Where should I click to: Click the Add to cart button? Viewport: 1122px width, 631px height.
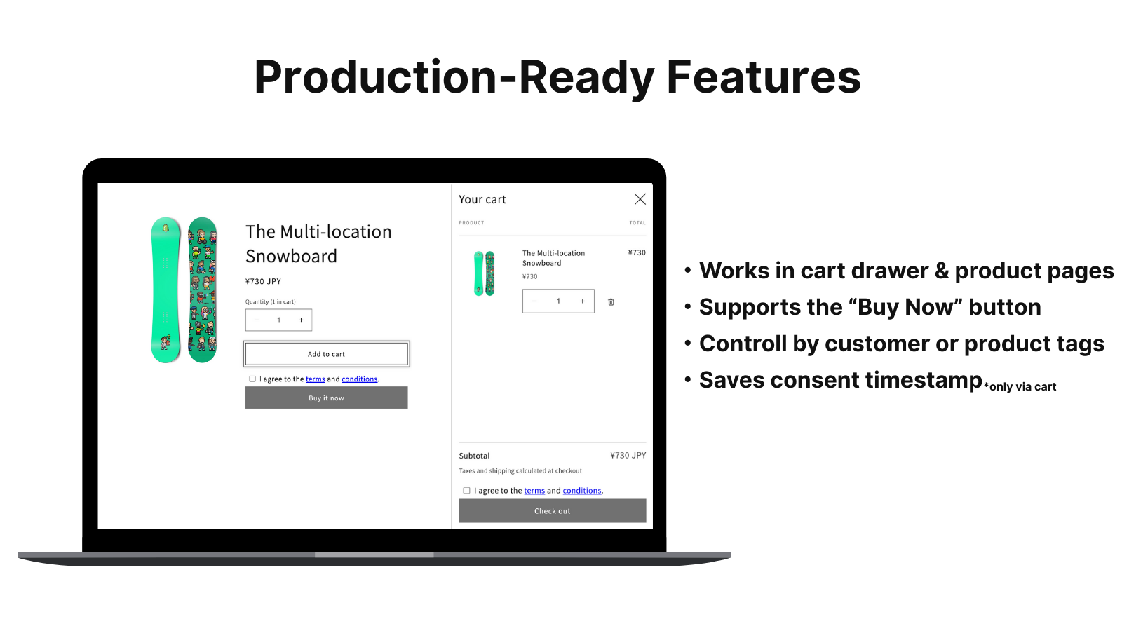tap(327, 354)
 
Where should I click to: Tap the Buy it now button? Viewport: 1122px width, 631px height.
tap(327, 398)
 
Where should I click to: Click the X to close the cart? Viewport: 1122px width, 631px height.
tap(640, 199)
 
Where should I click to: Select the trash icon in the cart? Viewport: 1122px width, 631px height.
tap(611, 301)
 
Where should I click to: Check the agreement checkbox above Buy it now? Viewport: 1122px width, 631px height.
tap(252, 379)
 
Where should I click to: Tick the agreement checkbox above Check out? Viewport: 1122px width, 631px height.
tap(467, 491)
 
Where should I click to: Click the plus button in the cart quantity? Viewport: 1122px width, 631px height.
tap(582, 301)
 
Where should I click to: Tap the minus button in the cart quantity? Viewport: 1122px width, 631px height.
tap(534, 301)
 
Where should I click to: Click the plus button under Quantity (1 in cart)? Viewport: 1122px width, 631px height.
tap(301, 320)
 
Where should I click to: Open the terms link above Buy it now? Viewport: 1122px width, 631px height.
tap(315, 379)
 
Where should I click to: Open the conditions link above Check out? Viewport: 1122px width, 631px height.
tap(581, 491)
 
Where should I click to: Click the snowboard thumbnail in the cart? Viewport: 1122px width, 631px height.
tap(484, 273)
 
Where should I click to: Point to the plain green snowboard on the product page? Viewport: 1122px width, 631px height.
tap(165, 290)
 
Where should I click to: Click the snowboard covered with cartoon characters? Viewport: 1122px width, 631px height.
tap(203, 290)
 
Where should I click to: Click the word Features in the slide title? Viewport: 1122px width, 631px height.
tap(764, 77)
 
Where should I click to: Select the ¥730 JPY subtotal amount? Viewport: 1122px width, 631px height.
tap(628, 455)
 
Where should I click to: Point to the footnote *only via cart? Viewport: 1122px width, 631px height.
tap(1020, 386)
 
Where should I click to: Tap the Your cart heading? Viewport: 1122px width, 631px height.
tap(482, 199)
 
